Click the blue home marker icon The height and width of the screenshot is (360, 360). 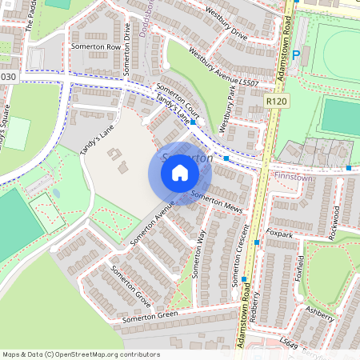[x=180, y=173]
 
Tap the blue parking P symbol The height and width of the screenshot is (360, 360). [x=296, y=55]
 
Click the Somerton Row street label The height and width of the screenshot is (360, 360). [x=96, y=47]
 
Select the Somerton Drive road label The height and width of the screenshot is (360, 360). [x=127, y=49]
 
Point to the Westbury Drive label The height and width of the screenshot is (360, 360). [x=227, y=25]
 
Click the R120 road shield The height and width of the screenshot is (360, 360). [x=276, y=102]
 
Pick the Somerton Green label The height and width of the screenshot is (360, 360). [x=150, y=318]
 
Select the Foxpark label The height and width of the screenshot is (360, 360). [x=280, y=234]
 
